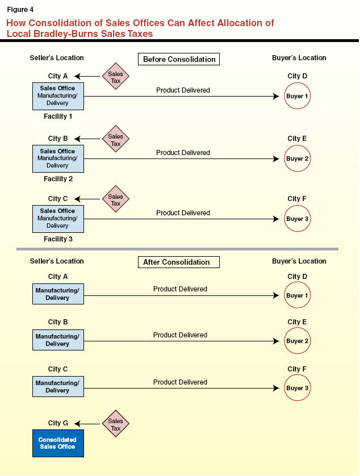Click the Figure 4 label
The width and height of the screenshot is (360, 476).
pyautogui.click(x=20, y=9)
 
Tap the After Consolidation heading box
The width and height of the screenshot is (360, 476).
pyautogui.click(x=178, y=262)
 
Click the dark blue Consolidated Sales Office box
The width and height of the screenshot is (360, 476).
pyautogui.click(x=57, y=443)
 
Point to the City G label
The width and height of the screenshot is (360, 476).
pyautogui.click(x=57, y=423)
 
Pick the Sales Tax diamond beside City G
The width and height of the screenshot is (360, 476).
pyautogui.click(x=116, y=424)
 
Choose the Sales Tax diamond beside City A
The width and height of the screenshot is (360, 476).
pyautogui.click(x=116, y=77)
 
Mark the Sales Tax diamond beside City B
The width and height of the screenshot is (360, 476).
pyautogui.click(x=116, y=139)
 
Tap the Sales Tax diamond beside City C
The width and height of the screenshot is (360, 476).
pyautogui.click(x=116, y=199)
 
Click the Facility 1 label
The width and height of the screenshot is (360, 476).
pyautogui.click(x=58, y=116)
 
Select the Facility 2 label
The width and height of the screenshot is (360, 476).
pyautogui.click(x=58, y=178)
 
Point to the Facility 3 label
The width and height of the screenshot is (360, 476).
pyautogui.click(x=58, y=239)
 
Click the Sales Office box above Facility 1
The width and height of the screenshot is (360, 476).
pyautogui.click(x=58, y=96)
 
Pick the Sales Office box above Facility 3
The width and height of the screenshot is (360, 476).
pyautogui.click(x=58, y=219)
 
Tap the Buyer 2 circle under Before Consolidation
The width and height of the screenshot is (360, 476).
pyautogui.click(x=298, y=159)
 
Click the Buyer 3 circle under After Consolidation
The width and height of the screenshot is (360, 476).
pyautogui.click(x=298, y=388)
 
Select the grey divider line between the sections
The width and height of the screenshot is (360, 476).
pyautogui.click(x=177, y=249)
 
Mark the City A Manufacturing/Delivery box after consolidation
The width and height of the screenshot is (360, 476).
pyautogui.click(x=58, y=294)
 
